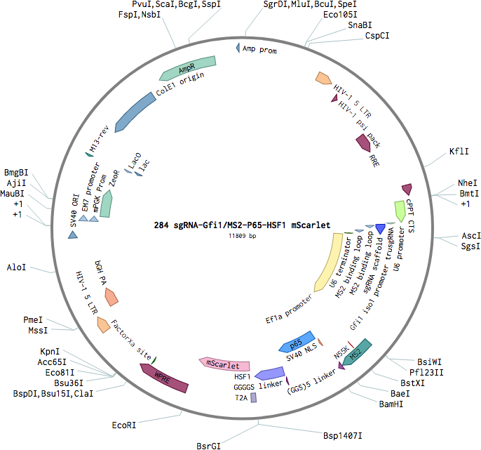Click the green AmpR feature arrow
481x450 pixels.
click(x=187, y=69)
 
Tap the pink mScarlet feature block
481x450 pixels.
click(x=224, y=364)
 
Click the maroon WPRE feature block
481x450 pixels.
click(x=163, y=378)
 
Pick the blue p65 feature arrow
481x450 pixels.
click(x=297, y=342)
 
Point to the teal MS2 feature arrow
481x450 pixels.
click(x=357, y=352)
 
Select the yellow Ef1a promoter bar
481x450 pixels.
click(x=329, y=262)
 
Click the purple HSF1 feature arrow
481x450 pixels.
click(x=270, y=373)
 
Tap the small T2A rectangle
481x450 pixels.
click(x=254, y=397)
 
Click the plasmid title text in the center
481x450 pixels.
click(x=242, y=225)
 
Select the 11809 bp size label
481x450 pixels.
click(x=242, y=236)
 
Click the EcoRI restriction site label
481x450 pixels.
click(x=123, y=425)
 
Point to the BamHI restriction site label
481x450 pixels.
click(x=391, y=404)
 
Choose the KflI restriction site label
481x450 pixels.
click(x=459, y=152)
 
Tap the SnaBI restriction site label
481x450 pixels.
click(x=360, y=25)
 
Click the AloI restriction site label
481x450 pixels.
click(x=16, y=267)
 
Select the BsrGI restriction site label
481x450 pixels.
click(x=209, y=446)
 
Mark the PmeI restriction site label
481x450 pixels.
click(x=33, y=319)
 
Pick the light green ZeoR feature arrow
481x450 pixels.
click(x=106, y=204)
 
